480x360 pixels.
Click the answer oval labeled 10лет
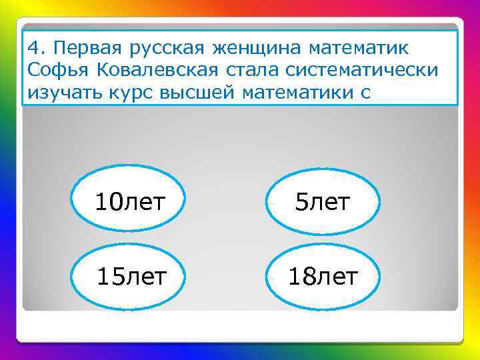click(129, 202)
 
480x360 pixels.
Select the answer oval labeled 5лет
click(323, 202)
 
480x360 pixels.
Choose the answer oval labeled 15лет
click(129, 275)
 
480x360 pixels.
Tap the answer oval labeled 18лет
click(323, 275)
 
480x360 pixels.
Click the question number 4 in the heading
click(35, 49)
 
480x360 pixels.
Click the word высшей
click(197, 93)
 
